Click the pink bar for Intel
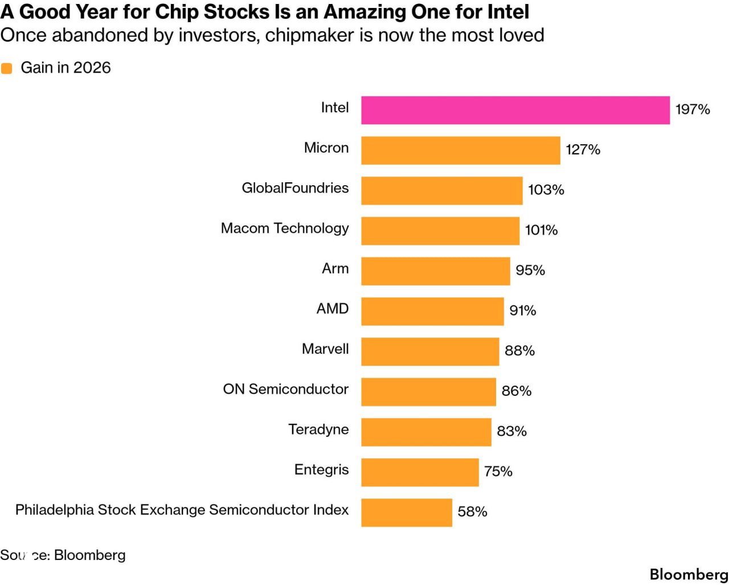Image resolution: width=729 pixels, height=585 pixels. tap(515, 110)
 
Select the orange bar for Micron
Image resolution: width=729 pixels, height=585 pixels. tap(461, 150)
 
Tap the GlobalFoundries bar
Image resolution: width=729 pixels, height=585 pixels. tap(442, 191)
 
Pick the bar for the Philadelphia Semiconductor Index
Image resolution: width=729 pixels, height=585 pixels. tap(407, 513)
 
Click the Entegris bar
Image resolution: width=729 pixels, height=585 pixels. tap(420, 472)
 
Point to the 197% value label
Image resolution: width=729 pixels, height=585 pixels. tap(693, 109)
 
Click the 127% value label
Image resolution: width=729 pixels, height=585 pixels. tap(583, 149)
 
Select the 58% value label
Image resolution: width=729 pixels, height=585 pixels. tap(472, 512)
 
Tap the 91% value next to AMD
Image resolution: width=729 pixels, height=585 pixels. tap(523, 310)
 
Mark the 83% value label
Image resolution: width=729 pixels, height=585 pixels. tap(511, 431)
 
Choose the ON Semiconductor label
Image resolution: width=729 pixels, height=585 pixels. tap(285, 389)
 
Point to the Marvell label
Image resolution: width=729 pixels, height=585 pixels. tap(325, 349)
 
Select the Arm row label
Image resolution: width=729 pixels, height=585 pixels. tap(335, 268)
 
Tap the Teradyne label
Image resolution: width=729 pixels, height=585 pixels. tap(318, 429)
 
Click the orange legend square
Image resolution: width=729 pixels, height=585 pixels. tap(6, 68)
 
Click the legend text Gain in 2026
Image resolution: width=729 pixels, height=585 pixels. tap(65, 68)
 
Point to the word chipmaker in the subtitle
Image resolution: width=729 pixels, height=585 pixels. tap(309, 35)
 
